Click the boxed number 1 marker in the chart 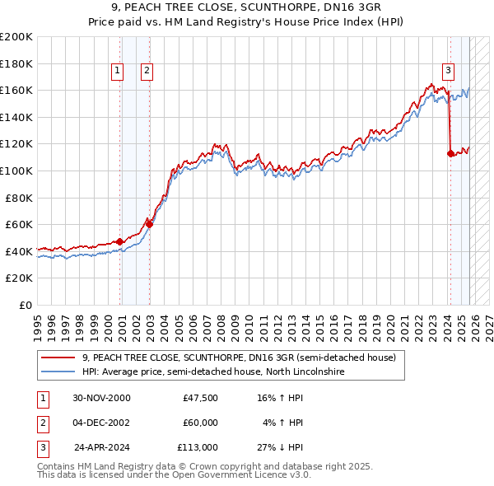[119, 72]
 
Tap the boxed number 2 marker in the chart [147, 72]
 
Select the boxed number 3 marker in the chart [448, 72]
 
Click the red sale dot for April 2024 [450, 153]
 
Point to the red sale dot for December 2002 [149, 224]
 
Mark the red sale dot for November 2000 [120, 241]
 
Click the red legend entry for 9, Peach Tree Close [239, 358]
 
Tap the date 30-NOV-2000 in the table [101, 398]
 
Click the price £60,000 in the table [201, 423]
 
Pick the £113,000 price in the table [198, 447]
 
